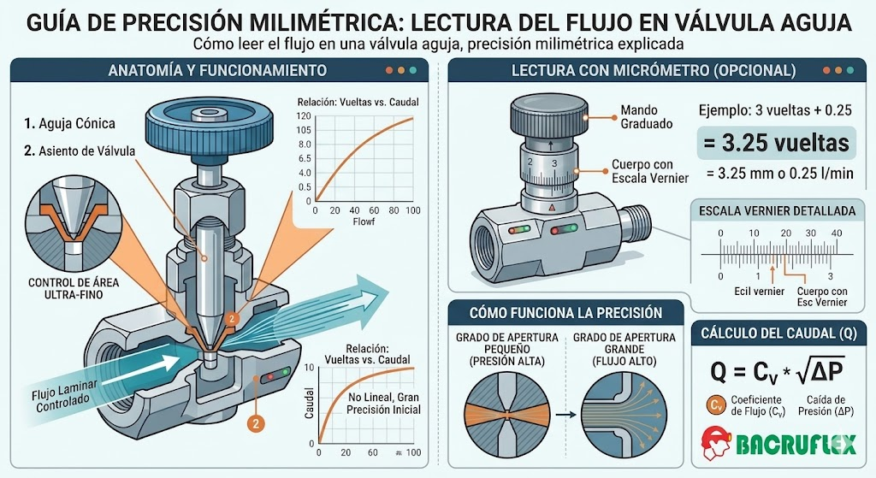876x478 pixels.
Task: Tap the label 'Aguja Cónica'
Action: (76, 123)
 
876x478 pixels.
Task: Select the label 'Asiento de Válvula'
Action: (86, 150)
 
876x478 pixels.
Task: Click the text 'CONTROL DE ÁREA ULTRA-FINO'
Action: (74, 288)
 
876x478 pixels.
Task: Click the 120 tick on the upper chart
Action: (304, 116)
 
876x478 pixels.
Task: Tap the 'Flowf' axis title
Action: (364, 221)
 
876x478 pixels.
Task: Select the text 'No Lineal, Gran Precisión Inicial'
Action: (383, 403)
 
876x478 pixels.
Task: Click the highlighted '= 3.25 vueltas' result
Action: (777, 143)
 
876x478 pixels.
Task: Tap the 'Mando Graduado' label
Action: (647, 116)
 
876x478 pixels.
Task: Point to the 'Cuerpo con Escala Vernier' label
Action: (650, 171)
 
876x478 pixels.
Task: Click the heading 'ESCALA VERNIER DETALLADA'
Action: (777, 211)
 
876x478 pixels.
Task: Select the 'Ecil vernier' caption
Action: (760, 292)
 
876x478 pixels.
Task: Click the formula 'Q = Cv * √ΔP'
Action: (777, 370)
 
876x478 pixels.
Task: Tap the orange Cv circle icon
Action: (715, 404)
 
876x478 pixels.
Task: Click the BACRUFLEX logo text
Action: (796, 445)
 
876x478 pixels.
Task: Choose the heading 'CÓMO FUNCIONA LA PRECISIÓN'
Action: (565, 313)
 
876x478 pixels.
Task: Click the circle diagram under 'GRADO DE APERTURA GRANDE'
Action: (624, 415)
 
